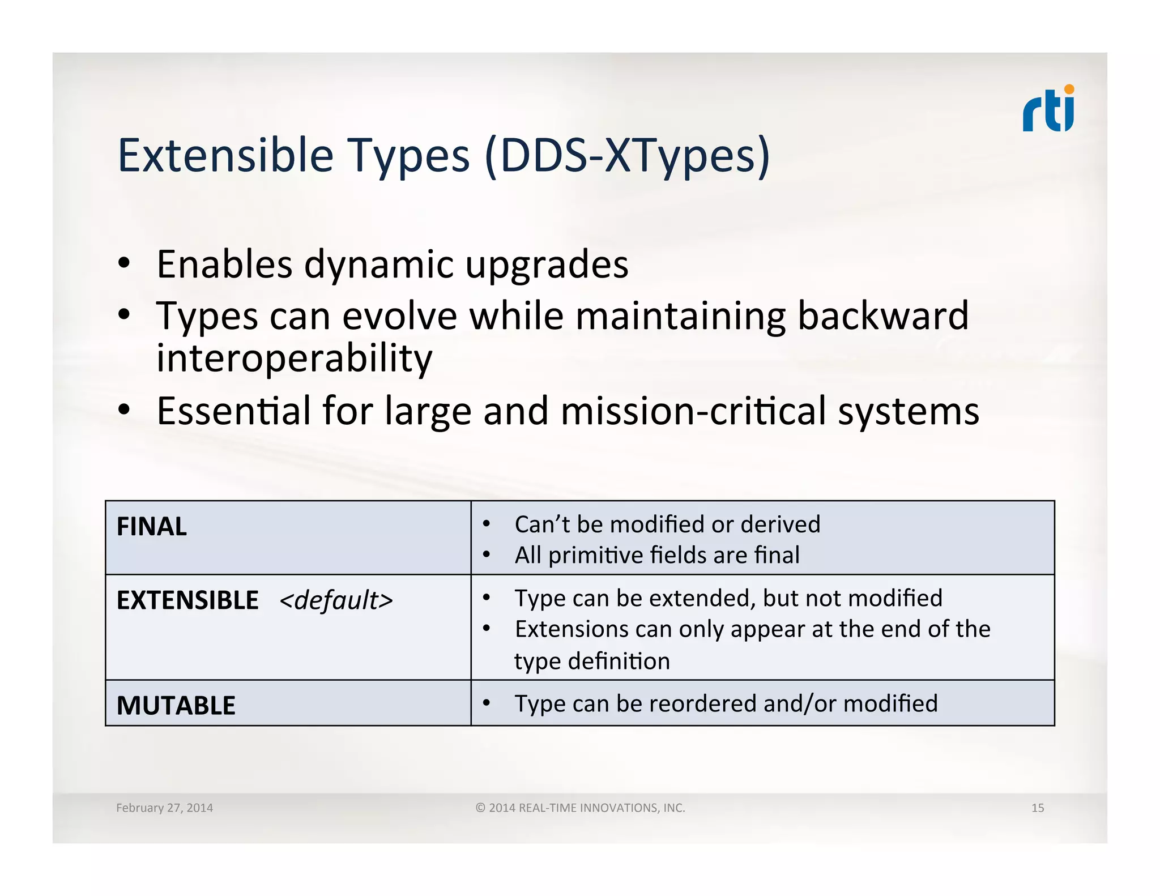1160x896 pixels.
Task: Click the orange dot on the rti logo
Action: coord(1069,89)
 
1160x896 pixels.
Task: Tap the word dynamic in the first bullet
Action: coord(379,264)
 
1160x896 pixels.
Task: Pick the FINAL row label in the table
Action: coord(151,527)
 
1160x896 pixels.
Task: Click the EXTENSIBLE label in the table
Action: coord(187,600)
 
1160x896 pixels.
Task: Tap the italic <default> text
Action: coord(336,600)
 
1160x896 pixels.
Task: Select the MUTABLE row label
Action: coord(176,706)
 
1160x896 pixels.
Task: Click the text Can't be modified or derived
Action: coord(667,524)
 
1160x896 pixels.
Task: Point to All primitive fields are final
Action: coord(656,555)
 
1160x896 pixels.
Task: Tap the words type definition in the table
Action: coord(591,662)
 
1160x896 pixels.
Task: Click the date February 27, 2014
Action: coord(164,808)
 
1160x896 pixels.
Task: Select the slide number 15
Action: coord(1037,808)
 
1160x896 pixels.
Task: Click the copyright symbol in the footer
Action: coord(480,808)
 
